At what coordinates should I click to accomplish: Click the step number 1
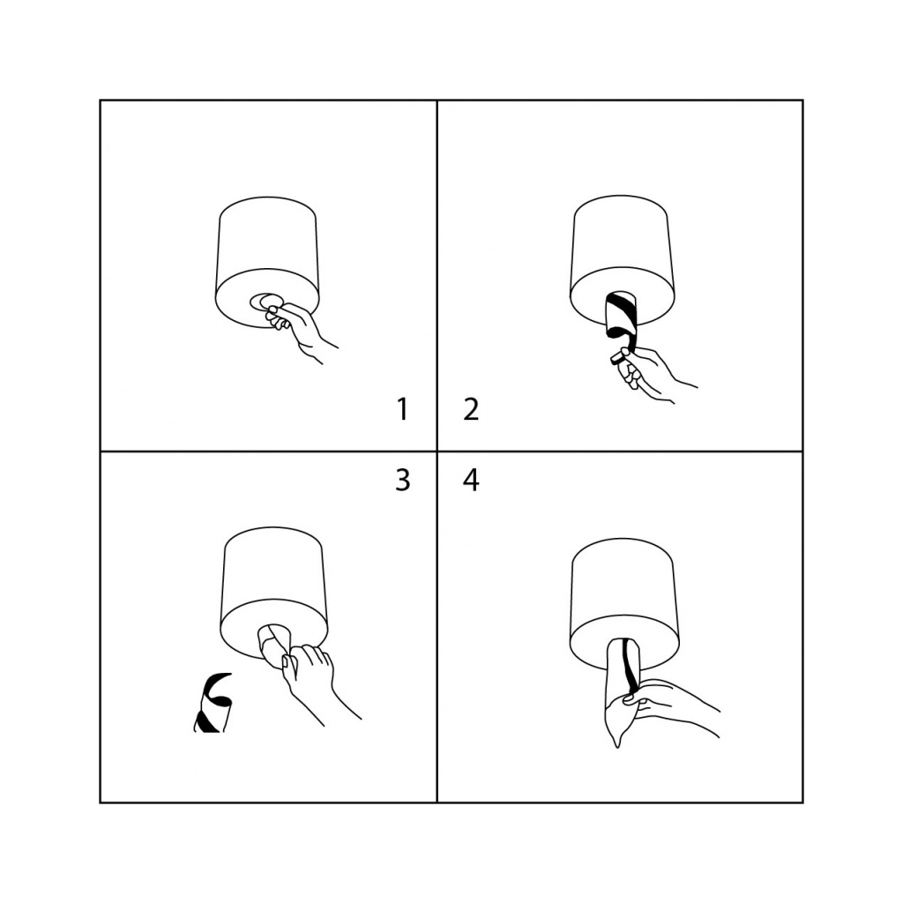pos(403,409)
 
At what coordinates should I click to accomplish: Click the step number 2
pos(471,409)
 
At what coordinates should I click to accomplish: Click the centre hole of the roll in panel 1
pos(266,302)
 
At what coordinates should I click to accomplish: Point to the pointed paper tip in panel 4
pos(617,747)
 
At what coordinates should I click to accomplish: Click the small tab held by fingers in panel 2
pos(618,358)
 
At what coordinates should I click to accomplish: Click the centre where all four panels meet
pos(437,451)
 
